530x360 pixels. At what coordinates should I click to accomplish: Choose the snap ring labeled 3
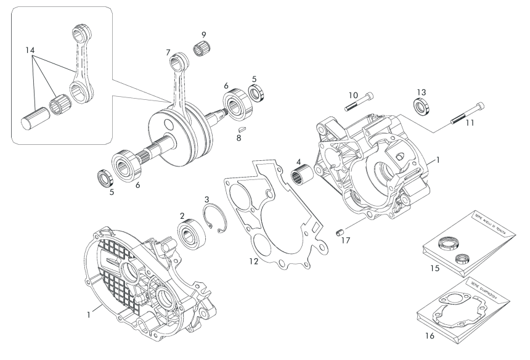213,219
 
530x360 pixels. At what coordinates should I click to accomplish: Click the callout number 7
168,54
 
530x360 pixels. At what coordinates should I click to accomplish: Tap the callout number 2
182,215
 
